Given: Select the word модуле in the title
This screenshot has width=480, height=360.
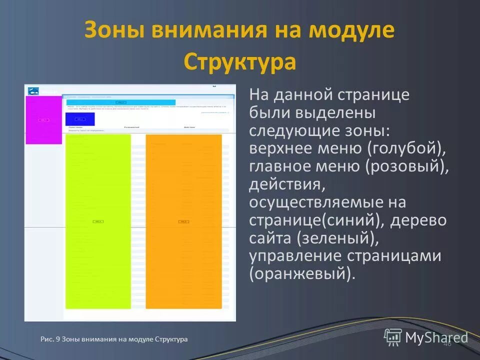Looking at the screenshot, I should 351,30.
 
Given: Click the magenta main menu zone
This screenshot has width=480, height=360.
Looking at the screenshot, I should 43,120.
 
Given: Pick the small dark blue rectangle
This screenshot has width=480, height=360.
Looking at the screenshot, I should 80,119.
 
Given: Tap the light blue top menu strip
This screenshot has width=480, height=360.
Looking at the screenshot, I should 117,102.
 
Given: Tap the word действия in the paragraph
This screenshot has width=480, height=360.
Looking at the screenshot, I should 287,185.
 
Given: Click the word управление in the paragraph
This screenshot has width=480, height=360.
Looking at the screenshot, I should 296,256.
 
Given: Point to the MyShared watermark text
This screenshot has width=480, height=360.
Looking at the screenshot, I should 436,337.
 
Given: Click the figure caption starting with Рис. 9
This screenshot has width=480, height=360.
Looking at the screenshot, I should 114,339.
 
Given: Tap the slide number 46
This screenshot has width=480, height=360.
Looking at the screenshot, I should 447,343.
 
